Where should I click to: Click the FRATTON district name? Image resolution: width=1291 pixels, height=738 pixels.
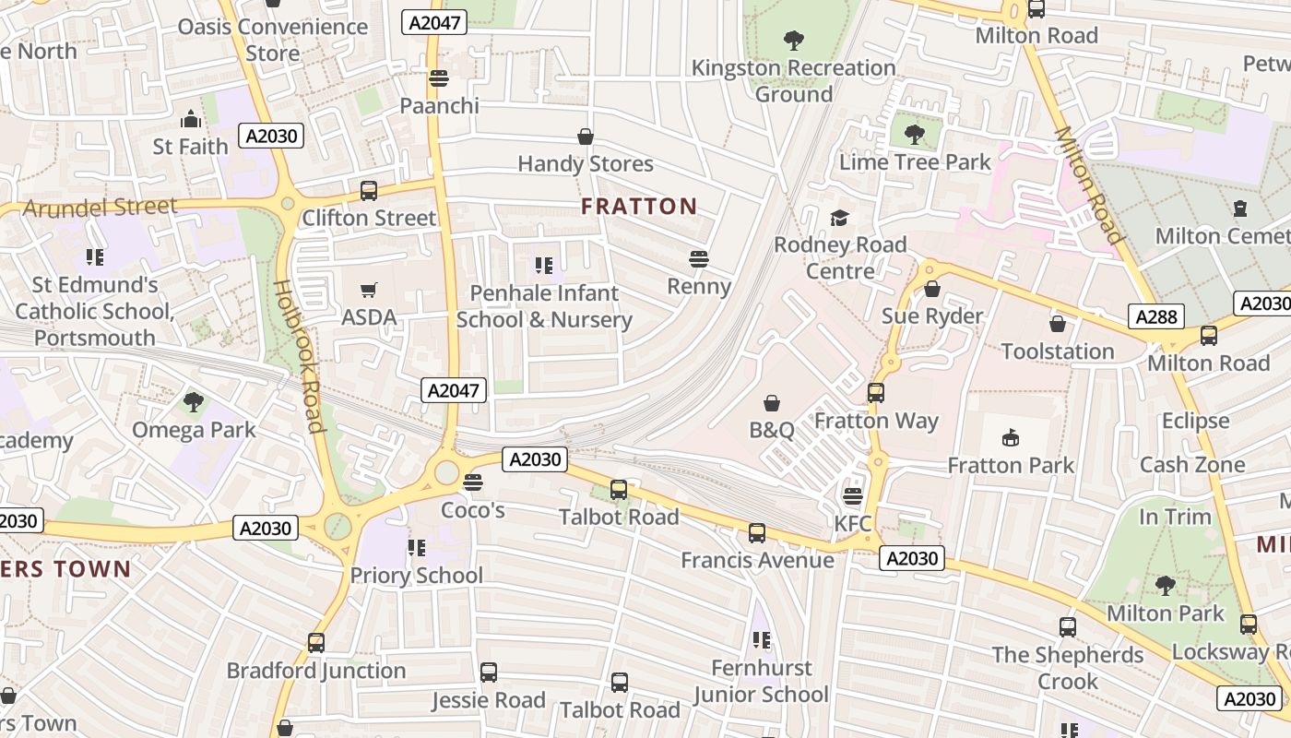639,206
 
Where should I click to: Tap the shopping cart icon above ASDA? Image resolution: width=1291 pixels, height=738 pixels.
369,291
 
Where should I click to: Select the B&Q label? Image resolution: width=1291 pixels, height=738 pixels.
772,430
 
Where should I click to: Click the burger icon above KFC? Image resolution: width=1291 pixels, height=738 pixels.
853,496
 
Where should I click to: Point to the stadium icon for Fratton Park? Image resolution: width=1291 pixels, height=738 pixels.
1011,437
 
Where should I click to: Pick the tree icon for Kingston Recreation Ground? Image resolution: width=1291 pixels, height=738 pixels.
793,40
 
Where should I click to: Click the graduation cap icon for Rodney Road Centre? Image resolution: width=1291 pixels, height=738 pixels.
839,218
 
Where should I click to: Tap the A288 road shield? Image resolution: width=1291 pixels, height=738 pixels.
1156,317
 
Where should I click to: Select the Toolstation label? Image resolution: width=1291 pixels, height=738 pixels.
1058,351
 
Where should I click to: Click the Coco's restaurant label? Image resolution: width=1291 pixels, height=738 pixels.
473,509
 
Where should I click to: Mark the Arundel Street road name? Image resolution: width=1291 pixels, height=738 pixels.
100,208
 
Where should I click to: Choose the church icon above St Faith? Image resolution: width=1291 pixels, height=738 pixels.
190,119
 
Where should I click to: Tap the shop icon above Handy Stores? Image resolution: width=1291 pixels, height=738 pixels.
585,137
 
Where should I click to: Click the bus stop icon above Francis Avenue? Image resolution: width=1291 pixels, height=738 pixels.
757,532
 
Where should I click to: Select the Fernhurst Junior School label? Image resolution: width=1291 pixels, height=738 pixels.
762,681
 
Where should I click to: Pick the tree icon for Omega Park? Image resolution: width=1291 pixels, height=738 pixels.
194,401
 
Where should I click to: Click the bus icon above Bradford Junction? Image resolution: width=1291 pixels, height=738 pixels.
316,642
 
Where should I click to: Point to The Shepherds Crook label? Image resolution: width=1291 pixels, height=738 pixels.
1068,668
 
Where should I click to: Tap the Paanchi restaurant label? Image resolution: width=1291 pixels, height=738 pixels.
439,105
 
